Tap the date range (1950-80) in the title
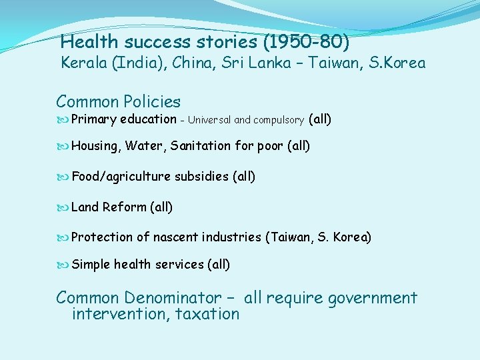(306, 43)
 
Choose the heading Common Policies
(118, 102)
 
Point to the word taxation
(207, 314)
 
